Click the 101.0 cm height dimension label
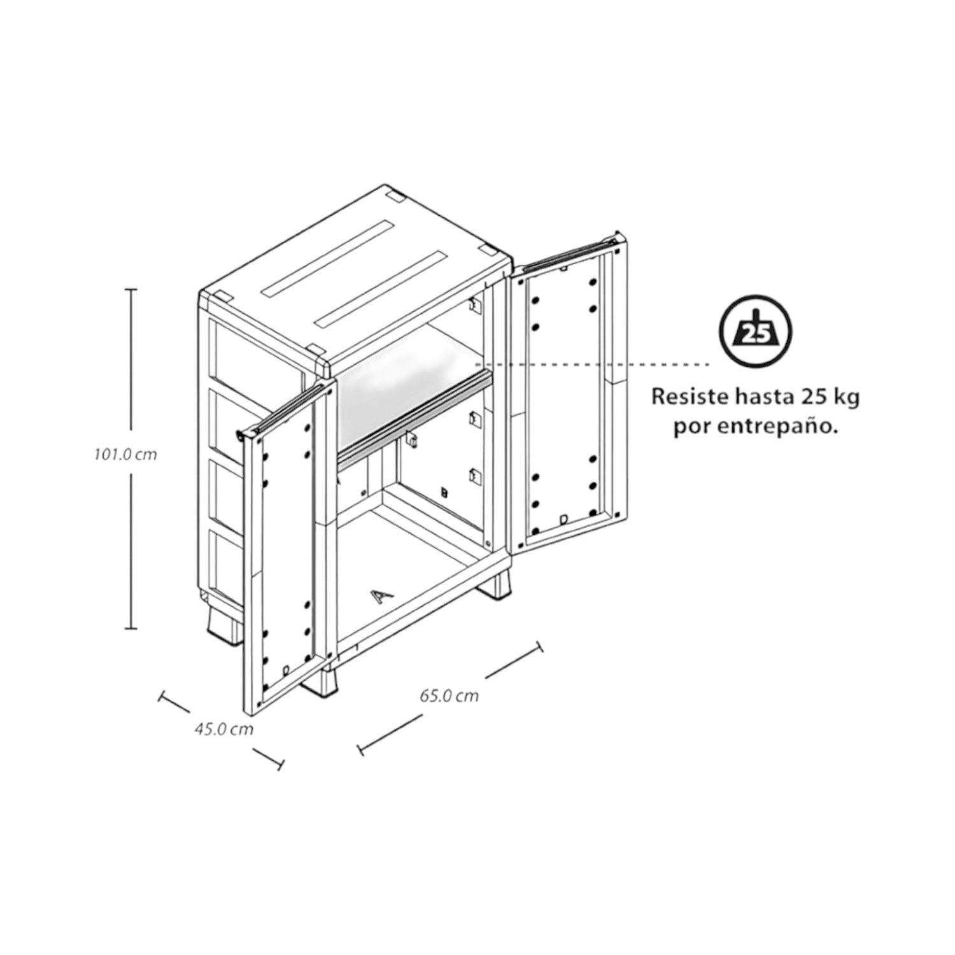[x=125, y=455]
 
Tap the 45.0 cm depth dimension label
[x=223, y=729]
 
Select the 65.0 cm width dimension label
[x=449, y=696]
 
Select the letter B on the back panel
[x=444, y=492]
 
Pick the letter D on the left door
[x=286, y=670]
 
